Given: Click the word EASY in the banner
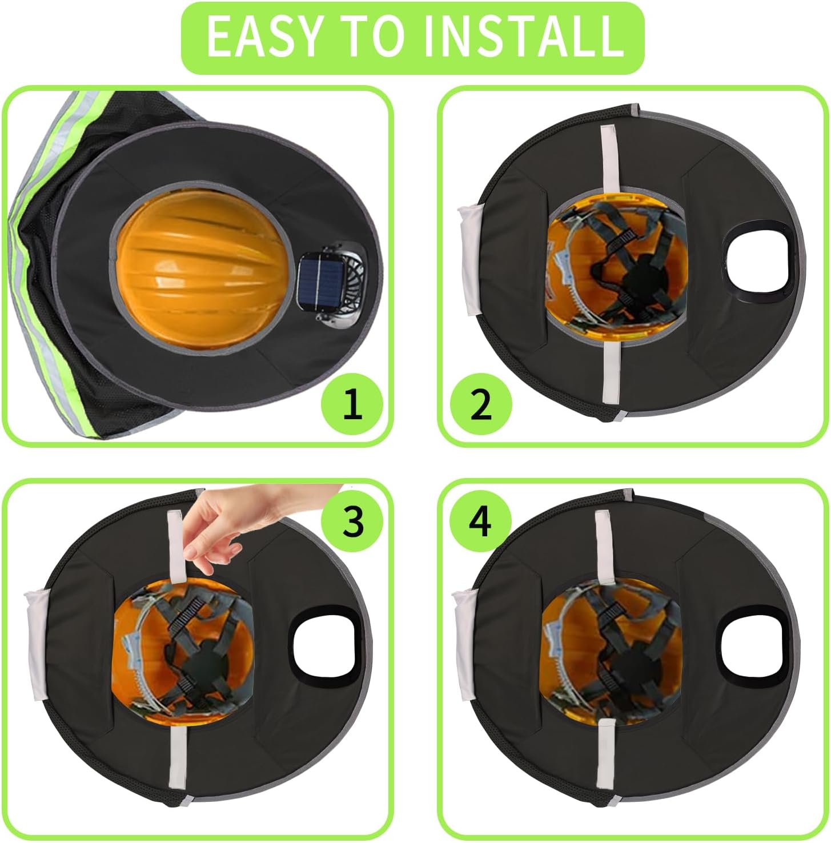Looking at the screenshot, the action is coord(262,37).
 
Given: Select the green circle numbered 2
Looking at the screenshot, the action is coord(480,404).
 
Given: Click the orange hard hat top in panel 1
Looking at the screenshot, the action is coord(200,270).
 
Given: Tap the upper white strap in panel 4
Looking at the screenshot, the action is coord(604,546).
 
